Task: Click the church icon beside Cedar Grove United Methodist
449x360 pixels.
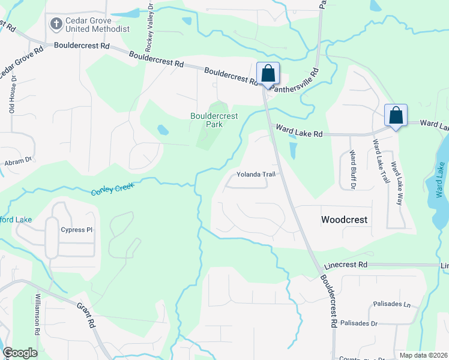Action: pyautogui.click(x=56, y=24)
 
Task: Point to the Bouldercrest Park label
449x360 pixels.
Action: pyautogui.click(x=214, y=120)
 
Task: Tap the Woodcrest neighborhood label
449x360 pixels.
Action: pyautogui.click(x=344, y=220)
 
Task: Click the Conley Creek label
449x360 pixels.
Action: pyautogui.click(x=112, y=189)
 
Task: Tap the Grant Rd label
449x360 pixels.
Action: pyautogui.click(x=86, y=314)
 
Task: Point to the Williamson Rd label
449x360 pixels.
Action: pyautogui.click(x=37, y=315)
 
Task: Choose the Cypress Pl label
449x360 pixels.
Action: pyautogui.click(x=77, y=230)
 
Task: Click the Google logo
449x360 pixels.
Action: pyautogui.click(x=20, y=353)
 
